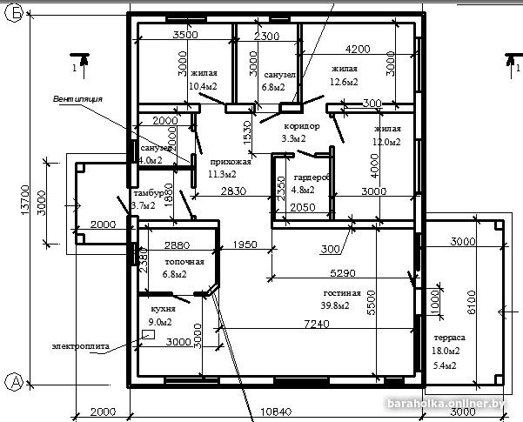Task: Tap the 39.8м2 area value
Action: (336, 305)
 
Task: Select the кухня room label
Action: (164, 309)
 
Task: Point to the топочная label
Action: (184, 261)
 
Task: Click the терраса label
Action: (449, 338)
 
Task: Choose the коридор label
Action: (301, 126)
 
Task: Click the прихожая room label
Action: (230, 162)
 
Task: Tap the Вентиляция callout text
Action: (77, 99)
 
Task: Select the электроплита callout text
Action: (80, 345)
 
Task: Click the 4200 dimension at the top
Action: (357, 49)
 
